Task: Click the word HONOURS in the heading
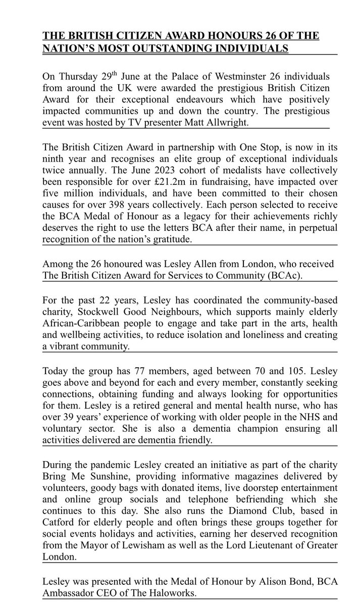click(212, 36)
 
